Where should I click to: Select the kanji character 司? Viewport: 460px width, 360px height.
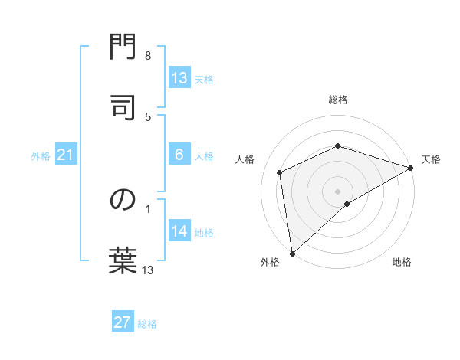[x=123, y=107]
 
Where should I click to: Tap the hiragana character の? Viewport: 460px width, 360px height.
[x=123, y=200]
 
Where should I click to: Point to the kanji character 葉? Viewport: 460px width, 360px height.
[x=123, y=259]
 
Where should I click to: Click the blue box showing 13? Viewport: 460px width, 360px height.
[x=179, y=78]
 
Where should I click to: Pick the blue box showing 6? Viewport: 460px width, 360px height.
[x=179, y=155]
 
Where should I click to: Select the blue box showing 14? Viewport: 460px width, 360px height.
[x=179, y=231]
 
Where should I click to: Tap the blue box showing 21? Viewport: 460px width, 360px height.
[x=65, y=155]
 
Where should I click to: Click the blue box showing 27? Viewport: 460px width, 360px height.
[x=123, y=322]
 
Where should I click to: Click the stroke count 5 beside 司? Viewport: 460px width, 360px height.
[x=148, y=116]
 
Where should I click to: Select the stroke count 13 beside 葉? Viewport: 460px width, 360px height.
[x=148, y=270]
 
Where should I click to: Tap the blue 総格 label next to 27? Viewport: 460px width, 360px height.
[x=147, y=324]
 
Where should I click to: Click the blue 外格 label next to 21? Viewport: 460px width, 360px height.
[x=41, y=156]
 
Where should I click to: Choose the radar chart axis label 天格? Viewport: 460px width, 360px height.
[x=431, y=159]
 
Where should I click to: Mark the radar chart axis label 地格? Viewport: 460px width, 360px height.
[x=402, y=262]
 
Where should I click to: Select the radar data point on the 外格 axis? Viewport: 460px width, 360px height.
[x=291, y=253]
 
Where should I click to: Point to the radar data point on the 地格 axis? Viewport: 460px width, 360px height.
[x=347, y=204]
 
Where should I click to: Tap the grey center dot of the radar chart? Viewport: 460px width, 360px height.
[x=337, y=191]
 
